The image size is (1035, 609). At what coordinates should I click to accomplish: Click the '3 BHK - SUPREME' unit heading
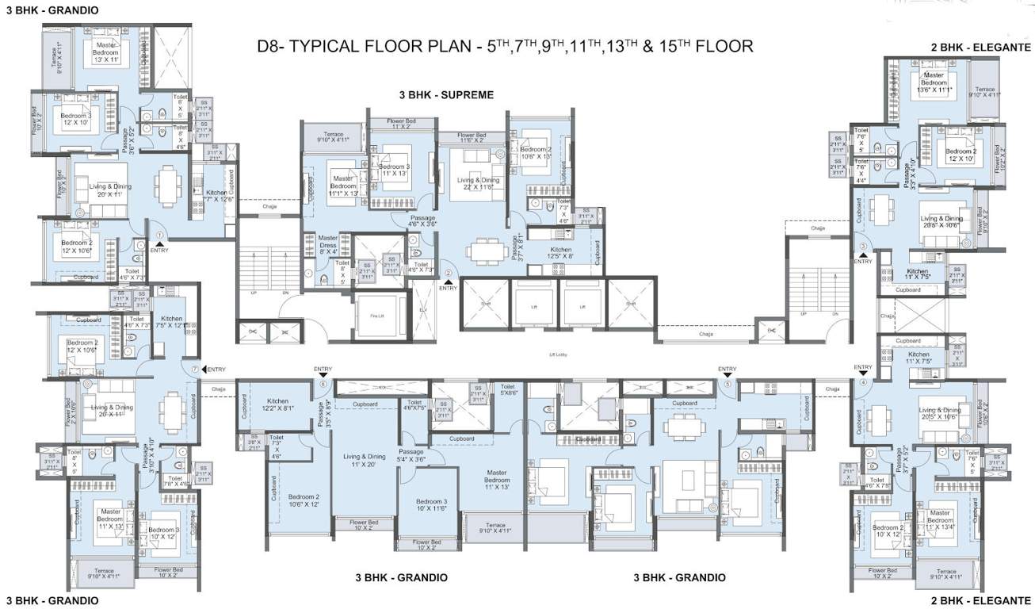pyautogui.click(x=446, y=94)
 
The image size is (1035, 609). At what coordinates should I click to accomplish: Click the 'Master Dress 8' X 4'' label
pyautogui.click(x=327, y=243)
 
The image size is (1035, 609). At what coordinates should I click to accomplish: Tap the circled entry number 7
pyautogui.click(x=194, y=368)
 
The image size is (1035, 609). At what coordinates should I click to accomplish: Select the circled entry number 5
pyautogui.click(x=727, y=384)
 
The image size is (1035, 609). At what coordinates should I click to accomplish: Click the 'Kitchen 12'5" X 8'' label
pyautogui.click(x=561, y=253)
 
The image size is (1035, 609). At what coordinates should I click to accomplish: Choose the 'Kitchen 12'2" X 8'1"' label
pyautogui.click(x=277, y=405)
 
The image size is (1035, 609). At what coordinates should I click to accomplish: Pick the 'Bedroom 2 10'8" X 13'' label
pyautogui.click(x=535, y=152)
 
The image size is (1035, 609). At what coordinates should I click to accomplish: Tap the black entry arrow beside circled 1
pyautogui.click(x=160, y=244)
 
